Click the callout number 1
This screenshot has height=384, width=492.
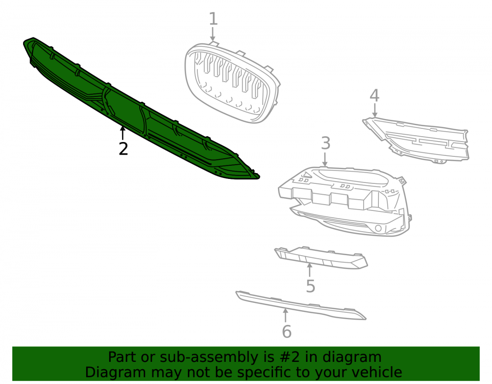click(x=213, y=19)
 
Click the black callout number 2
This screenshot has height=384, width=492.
click(x=123, y=148)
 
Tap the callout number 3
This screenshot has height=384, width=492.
click(x=326, y=143)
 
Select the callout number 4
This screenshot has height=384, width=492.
click(x=374, y=95)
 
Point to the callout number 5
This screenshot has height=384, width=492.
click(x=310, y=286)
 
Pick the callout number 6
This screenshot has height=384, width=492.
click(x=287, y=332)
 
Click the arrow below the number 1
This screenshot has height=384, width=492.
click(x=213, y=34)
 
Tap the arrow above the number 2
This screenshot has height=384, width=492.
click(x=123, y=133)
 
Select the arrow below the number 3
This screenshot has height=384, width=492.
click(x=325, y=159)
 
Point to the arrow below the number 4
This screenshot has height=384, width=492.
click(x=374, y=110)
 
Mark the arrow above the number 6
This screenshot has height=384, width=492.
click(x=285, y=315)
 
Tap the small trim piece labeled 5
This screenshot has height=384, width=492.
click(x=321, y=257)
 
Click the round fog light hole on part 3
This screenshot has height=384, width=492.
click(x=378, y=228)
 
